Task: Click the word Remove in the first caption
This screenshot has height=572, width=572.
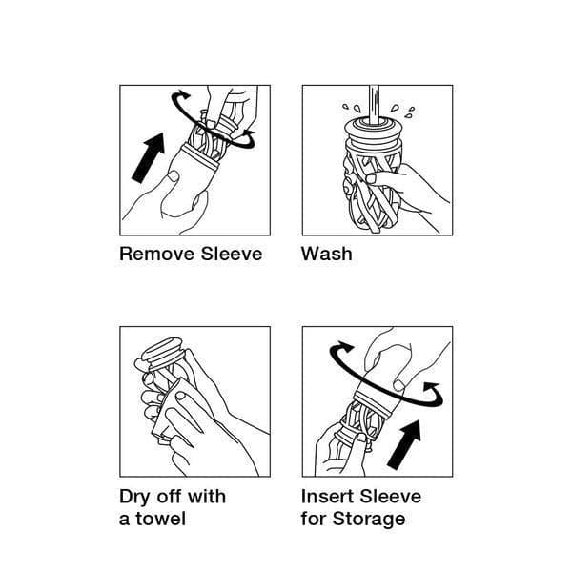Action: pyautogui.click(x=158, y=254)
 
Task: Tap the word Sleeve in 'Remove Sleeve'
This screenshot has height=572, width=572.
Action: pyautogui.click(x=232, y=254)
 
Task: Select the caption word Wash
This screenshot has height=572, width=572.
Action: pyautogui.click(x=326, y=254)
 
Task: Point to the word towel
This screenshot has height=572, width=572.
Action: pyautogui.click(x=160, y=519)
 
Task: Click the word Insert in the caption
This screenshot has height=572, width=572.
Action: pyautogui.click(x=328, y=496)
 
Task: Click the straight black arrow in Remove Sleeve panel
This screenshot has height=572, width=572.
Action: pyautogui.click(x=149, y=157)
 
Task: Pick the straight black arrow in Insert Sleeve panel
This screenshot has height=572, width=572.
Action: pyautogui.click(x=404, y=444)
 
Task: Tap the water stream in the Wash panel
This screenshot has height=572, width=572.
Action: pyautogui.click(x=374, y=104)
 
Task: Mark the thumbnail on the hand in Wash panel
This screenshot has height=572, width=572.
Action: pyautogui.click(x=371, y=179)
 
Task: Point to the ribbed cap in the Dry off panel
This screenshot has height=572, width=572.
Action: pyautogui.click(x=163, y=352)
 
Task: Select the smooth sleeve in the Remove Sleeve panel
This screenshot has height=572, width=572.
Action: pyautogui.click(x=190, y=180)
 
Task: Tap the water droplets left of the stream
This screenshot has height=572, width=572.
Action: pyautogui.click(x=352, y=107)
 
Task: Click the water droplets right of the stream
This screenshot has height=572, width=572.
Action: pyautogui.click(x=403, y=111)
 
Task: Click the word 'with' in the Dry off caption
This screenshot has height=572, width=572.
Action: pyautogui.click(x=206, y=496)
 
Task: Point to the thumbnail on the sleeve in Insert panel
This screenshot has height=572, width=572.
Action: pyautogui.click(x=399, y=385)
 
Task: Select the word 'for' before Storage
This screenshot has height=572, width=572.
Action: pyautogui.click(x=314, y=519)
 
